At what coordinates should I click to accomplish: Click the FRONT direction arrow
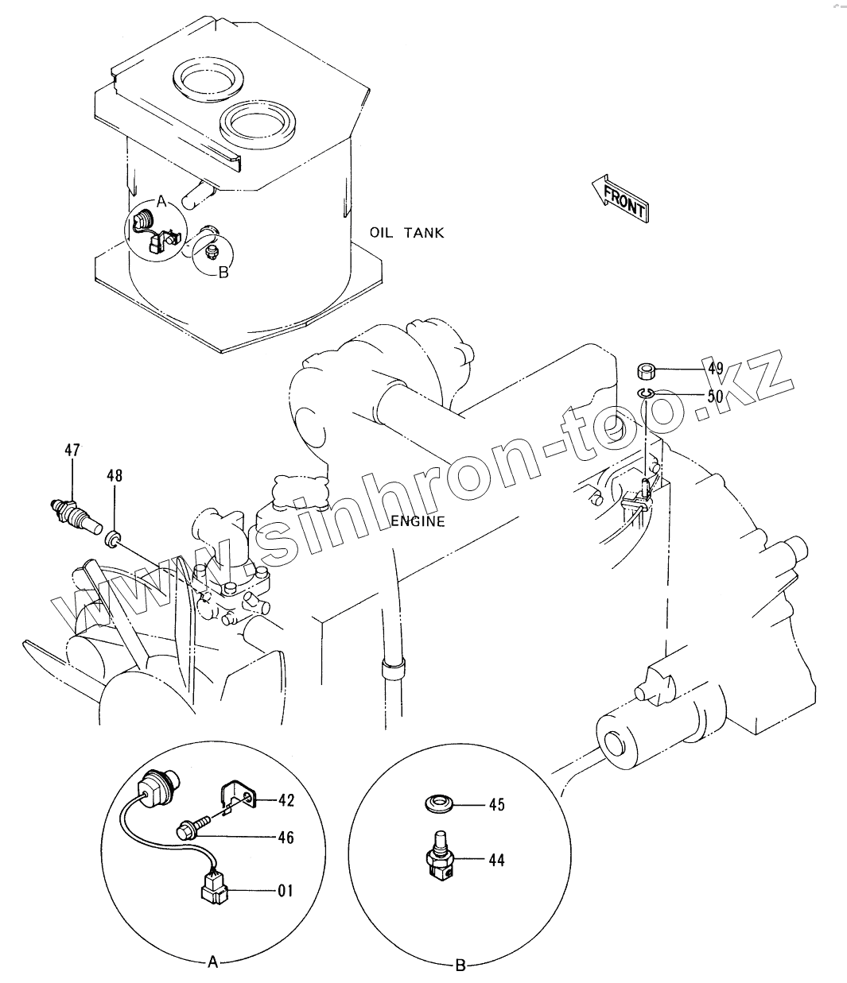tap(620, 198)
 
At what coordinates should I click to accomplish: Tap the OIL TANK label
tap(406, 233)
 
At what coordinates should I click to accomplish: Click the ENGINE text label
tap(418, 522)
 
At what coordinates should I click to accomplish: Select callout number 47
tap(72, 451)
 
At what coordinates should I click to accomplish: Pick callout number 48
tap(115, 476)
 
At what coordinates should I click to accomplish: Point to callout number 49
tap(715, 368)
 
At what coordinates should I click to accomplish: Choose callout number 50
tap(715, 395)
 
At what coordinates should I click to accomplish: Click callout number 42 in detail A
tap(286, 800)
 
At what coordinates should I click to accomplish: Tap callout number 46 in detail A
tap(286, 837)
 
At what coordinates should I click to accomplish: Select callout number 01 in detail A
tap(285, 891)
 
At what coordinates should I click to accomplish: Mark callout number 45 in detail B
tap(496, 805)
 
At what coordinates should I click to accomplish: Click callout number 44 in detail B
tap(496, 860)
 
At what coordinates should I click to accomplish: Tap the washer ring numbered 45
tap(437, 804)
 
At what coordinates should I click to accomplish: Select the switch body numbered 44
tap(437, 864)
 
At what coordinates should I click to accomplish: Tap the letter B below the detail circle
tap(459, 966)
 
